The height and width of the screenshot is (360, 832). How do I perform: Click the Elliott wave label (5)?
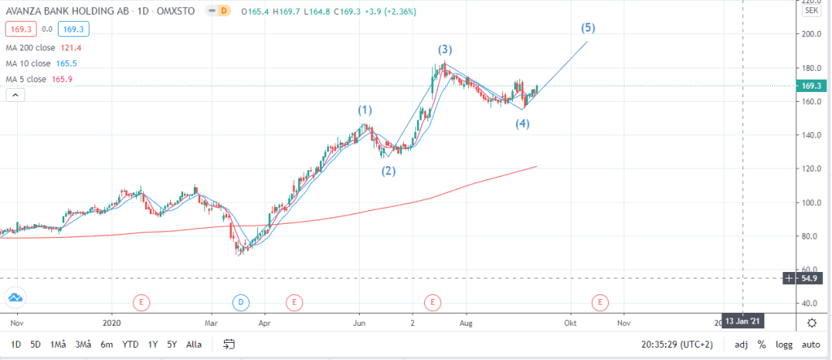[x=589, y=28]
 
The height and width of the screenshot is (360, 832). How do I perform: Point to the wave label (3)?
[x=445, y=50]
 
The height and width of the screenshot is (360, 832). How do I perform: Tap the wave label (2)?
[x=389, y=171]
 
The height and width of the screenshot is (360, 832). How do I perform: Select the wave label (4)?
[x=522, y=124]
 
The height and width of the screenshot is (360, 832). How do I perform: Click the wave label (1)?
[x=365, y=109]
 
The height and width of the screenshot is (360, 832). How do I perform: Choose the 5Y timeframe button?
[x=171, y=345]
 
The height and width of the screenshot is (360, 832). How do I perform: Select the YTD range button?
[x=129, y=345]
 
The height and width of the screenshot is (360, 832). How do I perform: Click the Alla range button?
[x=194, y=345]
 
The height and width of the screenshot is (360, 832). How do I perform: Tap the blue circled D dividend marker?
[x=241, y=302]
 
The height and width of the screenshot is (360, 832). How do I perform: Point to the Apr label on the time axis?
[x=265, y=322]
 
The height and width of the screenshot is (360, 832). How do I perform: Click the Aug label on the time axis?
[x=466, y=322]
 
